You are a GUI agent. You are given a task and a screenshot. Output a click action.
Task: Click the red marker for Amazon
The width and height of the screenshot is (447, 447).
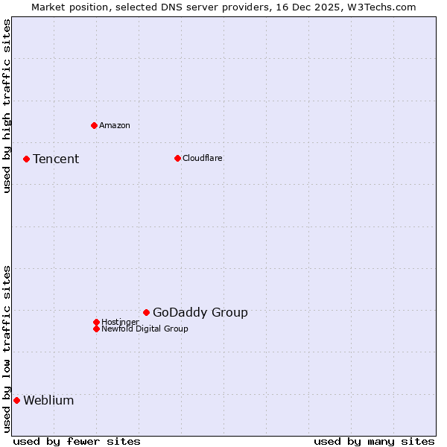[94, 125]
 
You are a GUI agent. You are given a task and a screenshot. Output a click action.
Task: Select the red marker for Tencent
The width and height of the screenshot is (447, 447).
[26, 159]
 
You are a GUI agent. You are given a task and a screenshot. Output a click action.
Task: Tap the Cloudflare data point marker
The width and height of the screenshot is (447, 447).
[177, 158]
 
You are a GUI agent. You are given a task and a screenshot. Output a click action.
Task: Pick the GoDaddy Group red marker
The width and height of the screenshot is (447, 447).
[146, 312]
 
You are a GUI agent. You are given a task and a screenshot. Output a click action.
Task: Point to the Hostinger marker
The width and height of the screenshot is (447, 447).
[96, 322]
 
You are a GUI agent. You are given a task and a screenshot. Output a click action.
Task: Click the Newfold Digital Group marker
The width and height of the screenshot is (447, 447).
[96, 329]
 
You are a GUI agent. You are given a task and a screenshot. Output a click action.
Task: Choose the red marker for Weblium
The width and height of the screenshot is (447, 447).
[16, 400]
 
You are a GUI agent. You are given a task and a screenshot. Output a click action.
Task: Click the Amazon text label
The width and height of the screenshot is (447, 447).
[115, 125]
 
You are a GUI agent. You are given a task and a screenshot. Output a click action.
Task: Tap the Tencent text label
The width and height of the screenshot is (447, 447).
[56, 159]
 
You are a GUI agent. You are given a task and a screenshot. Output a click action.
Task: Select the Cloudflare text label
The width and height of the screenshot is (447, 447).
[203, 158]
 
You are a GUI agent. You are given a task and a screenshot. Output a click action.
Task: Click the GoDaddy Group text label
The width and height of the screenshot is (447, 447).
[200, 312]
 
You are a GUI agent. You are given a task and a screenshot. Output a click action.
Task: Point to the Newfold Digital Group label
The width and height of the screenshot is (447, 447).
[145, 329]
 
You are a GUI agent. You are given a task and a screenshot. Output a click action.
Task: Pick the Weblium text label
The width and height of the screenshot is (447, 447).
[48, 400]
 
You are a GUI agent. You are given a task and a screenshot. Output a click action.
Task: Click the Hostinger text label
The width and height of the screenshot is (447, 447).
[120, 322]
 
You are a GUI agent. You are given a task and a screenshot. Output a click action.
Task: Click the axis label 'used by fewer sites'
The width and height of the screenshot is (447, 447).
[77, 441]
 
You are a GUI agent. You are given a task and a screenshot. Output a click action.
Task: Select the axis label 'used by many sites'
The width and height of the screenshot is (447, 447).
[374, 441]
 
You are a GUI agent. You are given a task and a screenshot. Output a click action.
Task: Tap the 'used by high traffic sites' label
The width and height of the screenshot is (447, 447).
[7, 106]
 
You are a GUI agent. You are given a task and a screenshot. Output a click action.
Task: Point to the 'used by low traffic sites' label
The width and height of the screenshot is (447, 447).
[7, 349]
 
